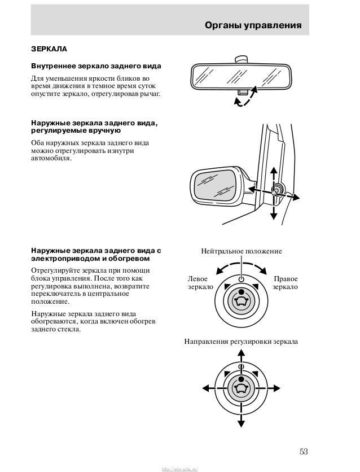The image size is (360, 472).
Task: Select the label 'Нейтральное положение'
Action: coord(242,250)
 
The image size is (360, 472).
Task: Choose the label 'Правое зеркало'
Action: coord(286,283)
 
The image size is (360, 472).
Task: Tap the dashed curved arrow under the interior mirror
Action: coord(246,97)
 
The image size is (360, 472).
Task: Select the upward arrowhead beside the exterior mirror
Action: coord(274,170)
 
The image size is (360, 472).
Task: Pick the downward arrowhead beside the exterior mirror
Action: coord(274,215)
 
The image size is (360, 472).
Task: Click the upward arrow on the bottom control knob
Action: coord(242,353)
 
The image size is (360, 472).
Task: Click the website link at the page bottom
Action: coord(180,468)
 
